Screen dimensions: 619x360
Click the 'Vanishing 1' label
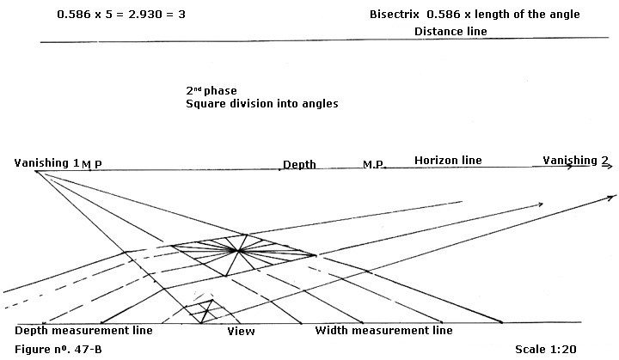(46, 163)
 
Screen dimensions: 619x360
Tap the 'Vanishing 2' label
(575, 161)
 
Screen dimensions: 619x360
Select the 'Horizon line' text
(448, 161)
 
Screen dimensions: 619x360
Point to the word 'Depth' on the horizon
(299, 165)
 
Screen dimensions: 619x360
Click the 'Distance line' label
(450, 31)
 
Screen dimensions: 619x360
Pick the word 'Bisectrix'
(395, 15)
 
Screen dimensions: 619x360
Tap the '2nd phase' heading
(211, 90)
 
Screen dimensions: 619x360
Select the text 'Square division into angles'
(262, 104)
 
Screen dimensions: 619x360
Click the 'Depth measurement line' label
(83, 331)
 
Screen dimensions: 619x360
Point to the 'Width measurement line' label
(383, 330)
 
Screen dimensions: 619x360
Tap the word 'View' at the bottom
(241, 331)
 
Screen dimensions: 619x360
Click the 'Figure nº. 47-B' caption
(58, 350)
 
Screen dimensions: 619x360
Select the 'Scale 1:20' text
(546, 350)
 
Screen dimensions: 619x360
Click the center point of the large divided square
(238, 250)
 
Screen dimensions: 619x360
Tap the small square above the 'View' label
(203, 311)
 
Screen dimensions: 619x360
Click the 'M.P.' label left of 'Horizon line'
(373, 164)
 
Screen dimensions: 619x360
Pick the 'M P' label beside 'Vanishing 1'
(92, 165)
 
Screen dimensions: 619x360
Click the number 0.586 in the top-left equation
(74, 15)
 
